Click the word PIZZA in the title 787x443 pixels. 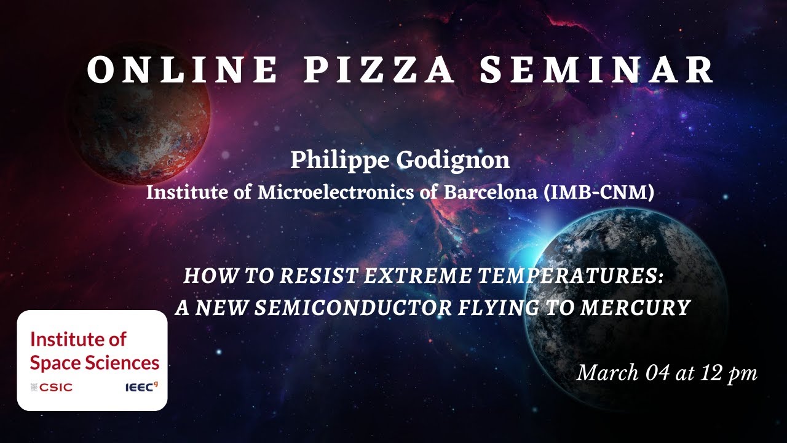click(x=379, y=70)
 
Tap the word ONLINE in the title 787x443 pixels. click(x=183, y=70)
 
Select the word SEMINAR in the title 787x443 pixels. click(x=597, y=70)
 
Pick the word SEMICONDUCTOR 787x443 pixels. click(x=354, y=307)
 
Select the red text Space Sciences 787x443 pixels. click(x=94, y=362)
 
